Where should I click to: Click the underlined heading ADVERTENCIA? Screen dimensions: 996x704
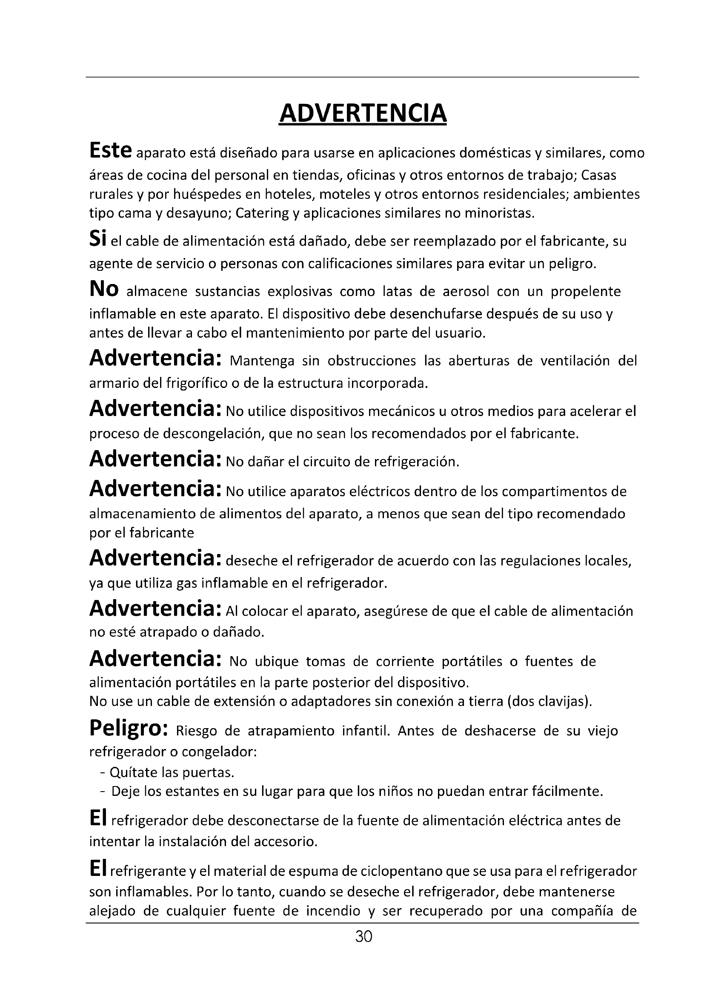[363, 114]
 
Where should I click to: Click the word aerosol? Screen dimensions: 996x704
[466, 292]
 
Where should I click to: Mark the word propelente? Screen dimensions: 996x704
[586, 292]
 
